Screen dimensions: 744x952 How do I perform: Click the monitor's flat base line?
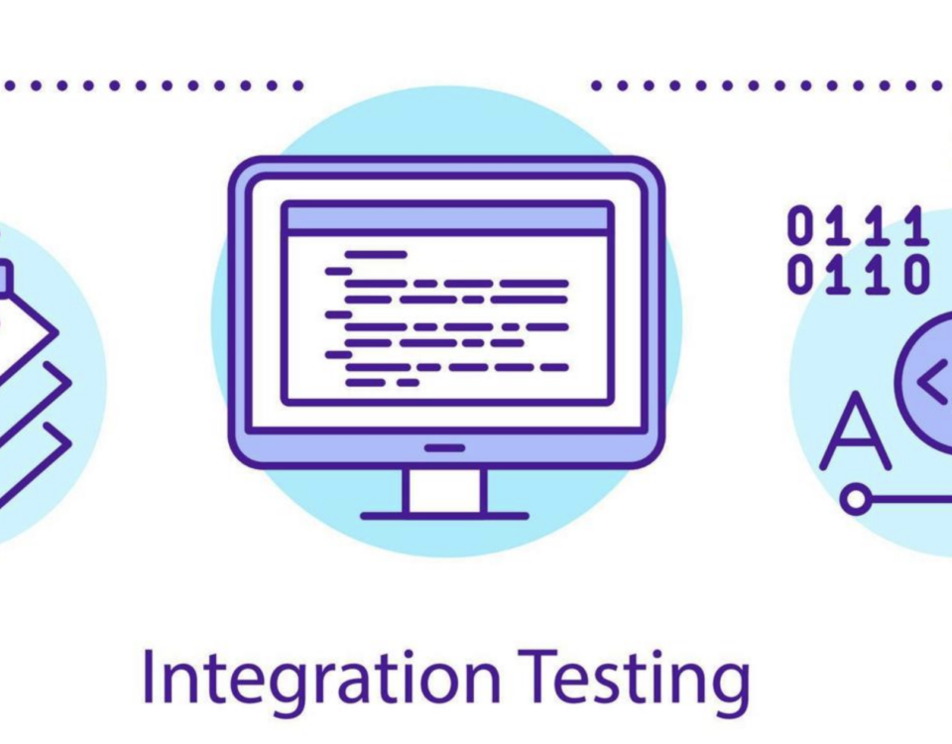(444, 516)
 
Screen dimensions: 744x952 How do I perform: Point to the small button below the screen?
(445, 448)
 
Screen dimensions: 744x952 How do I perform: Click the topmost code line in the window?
(376, 255)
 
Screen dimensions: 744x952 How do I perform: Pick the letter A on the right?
(855, 434)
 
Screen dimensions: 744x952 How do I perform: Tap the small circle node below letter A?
(855, 499)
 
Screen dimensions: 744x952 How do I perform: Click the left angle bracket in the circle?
(932, 383)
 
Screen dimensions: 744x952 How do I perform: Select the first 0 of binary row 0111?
(800, 226)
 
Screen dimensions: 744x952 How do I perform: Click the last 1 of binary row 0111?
(917, 226)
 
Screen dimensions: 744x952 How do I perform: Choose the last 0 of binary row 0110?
(917, 275)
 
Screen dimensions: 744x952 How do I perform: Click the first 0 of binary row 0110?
(800, 275)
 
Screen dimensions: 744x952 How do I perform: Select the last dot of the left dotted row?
(297, 86)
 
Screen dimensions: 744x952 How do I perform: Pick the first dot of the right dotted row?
(597, 86)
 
